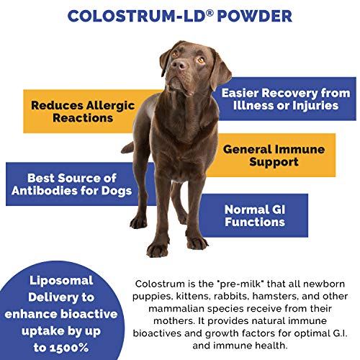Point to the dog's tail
coord(127,148)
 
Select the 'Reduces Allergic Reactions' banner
coord(84,111)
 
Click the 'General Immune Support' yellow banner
coord(274,156)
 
